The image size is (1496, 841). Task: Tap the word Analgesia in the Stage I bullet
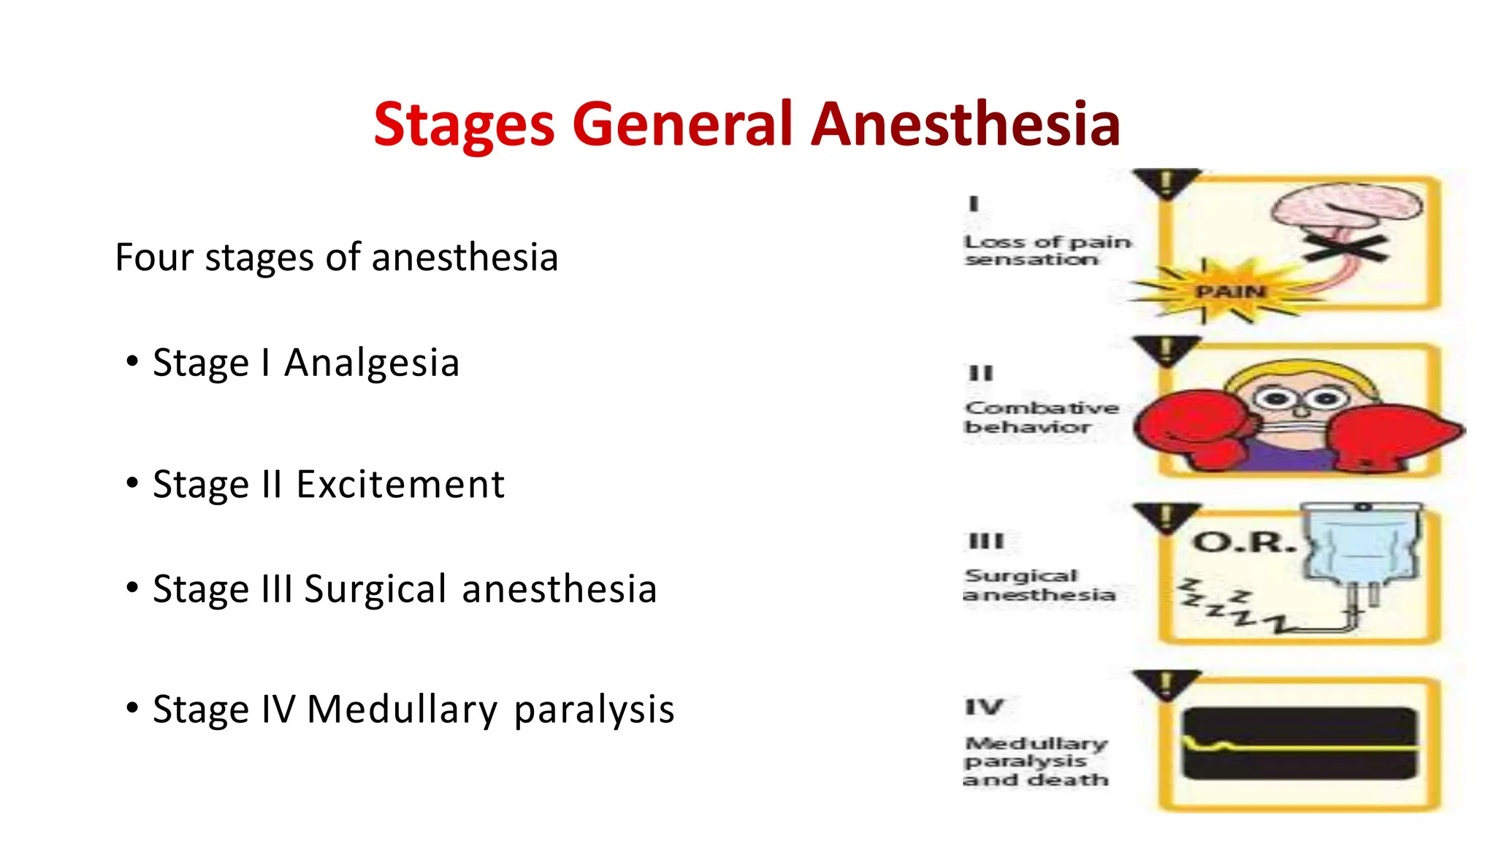click(371, 363)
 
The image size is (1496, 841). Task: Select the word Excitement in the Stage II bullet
click(400, 485)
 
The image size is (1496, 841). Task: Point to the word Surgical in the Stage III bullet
click(375, 589)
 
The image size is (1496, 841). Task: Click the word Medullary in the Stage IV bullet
click(402, 709)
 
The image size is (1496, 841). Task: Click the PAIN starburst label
click(1230, 291)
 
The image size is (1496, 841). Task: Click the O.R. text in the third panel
click(1243, 542)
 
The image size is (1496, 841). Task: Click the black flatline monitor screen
click(1299, 743)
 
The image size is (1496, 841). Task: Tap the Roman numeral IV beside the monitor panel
click(983, 707)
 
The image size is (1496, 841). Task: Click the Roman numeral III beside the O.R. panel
click(985, 541)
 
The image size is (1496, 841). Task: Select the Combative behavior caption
click(1040, 417)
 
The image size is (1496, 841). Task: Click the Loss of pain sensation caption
click(1046, 250)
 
